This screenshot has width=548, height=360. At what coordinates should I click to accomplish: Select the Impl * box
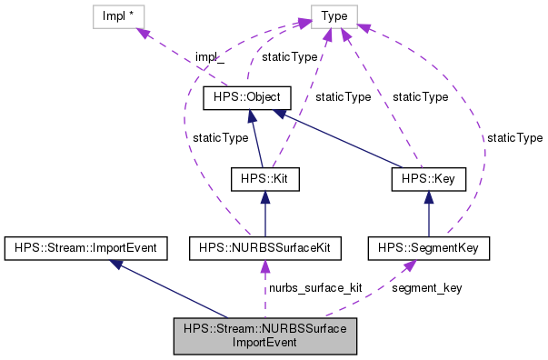tap(119, 15)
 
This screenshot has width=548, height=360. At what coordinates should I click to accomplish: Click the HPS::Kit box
tap(264, 179)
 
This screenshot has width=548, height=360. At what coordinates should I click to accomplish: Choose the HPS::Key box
tap(428, 179)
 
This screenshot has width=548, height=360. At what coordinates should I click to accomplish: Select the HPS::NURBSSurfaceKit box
tap(264, 246)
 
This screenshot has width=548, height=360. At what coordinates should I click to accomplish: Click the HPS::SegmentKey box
tap(430, 246)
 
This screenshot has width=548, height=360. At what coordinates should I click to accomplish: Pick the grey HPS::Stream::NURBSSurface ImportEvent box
tap(264, 336)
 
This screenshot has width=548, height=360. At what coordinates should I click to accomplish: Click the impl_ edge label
tap(210, 57)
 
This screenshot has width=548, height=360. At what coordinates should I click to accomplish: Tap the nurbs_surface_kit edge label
tap(314, 287)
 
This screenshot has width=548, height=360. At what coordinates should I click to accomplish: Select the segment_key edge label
tap(426, 287)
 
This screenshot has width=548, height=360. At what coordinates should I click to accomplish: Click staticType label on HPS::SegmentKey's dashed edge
tap(514, 137)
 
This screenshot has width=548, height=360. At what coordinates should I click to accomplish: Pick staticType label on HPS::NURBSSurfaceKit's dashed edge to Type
tap(220, 137)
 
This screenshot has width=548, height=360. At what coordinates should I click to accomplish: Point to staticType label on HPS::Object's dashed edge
tap(290, 57)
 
